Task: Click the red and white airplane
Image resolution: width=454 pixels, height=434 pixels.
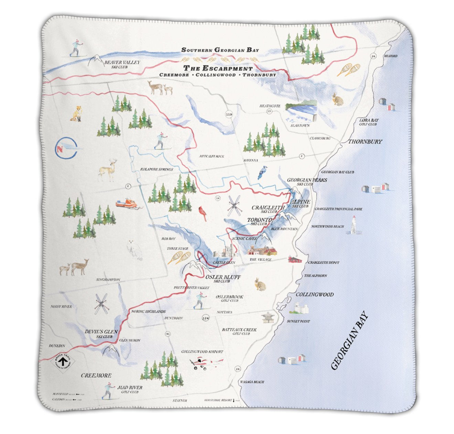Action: [205, 363]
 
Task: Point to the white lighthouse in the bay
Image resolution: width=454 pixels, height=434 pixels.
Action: [353, 226]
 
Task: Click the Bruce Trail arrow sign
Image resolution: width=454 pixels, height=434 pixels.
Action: [63, 361]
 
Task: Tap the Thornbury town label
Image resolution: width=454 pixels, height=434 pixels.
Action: [365, 142]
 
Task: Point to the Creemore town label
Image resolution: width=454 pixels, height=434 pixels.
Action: [96, 376]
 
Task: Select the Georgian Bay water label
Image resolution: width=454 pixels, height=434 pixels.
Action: [349, 341]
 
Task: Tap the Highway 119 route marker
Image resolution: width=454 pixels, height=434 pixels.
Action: [229, 114]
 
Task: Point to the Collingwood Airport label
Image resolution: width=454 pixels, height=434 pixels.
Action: [202, 352]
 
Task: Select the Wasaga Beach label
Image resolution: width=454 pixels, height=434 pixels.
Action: [252, 382]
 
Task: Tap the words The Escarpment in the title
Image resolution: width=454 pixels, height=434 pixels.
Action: [218, 68]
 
